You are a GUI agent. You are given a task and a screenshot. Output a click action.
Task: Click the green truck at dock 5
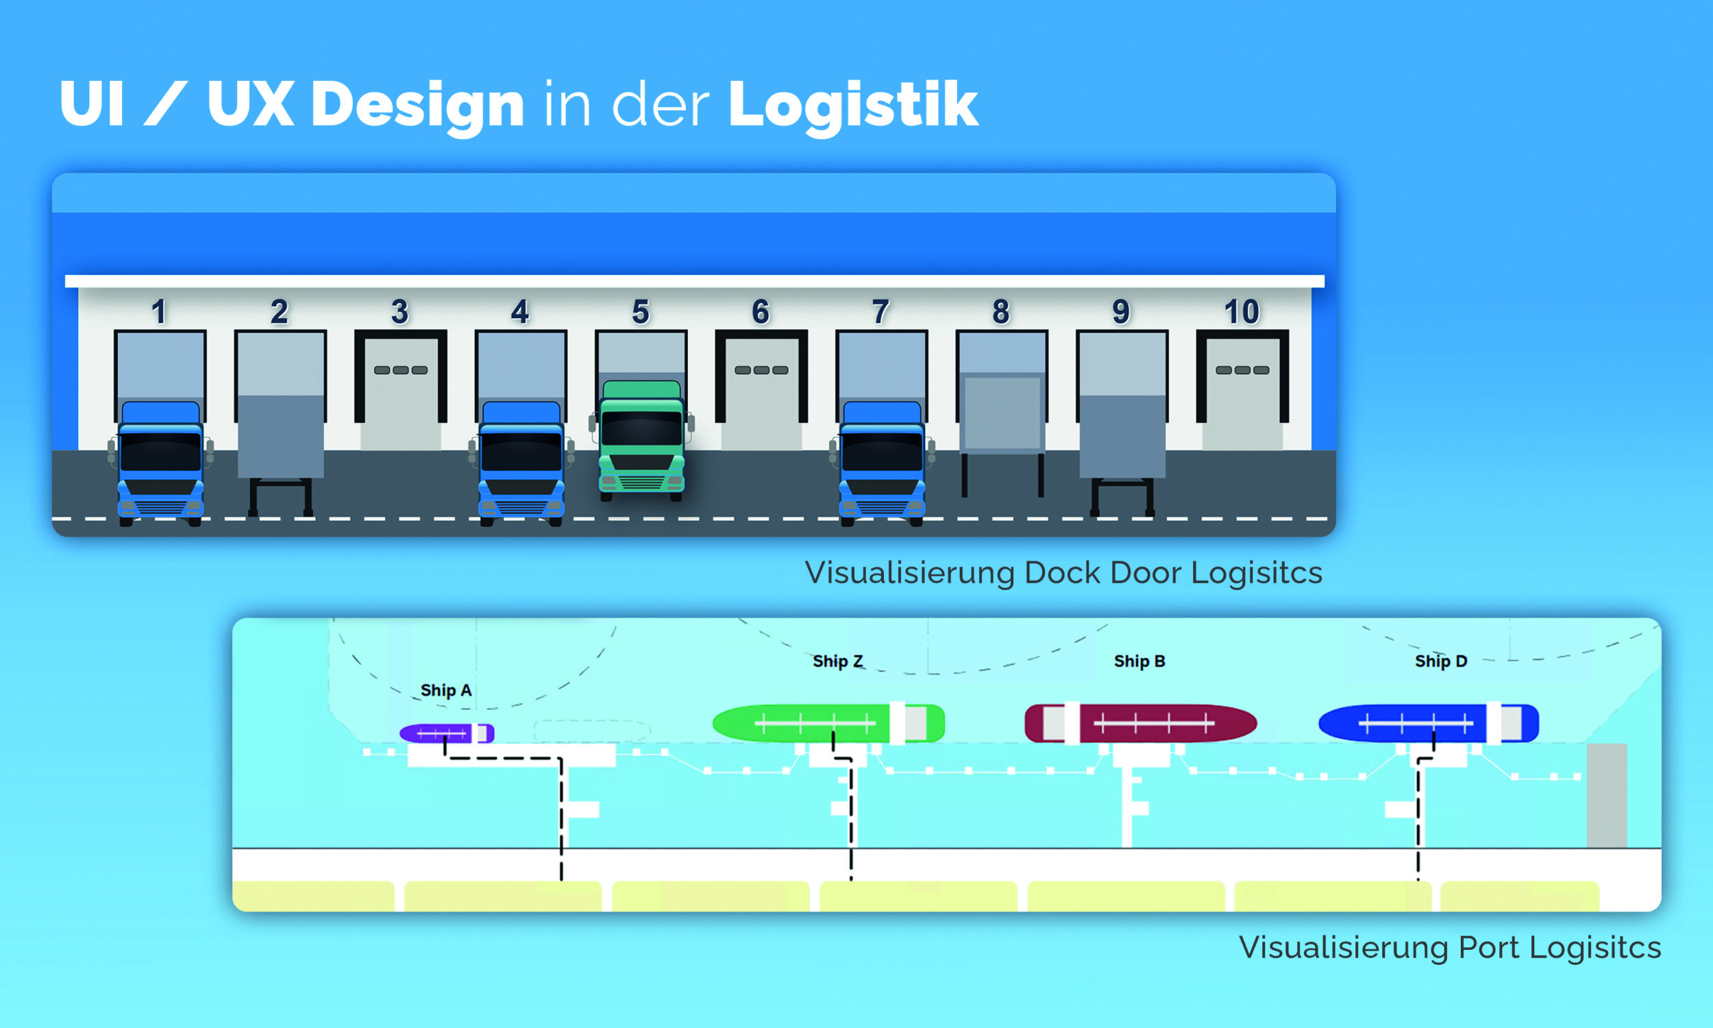click(641, 441)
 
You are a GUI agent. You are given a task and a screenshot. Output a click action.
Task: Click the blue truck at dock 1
click(160, 463)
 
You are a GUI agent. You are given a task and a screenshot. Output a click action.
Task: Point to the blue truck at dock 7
click(881, 463)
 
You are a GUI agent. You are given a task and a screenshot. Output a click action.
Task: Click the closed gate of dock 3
click(400, 393)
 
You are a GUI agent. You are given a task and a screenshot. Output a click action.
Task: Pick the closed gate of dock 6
click(761, 393)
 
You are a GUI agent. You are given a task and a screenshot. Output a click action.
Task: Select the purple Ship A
click(447, 733)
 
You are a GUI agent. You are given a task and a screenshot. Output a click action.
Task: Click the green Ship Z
click(828, 723)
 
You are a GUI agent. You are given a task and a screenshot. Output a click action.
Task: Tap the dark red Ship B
click(1140, 723)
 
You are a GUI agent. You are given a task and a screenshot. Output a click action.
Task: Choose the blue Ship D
click(1428, 723)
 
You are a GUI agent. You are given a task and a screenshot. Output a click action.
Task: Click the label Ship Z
click(838, 661)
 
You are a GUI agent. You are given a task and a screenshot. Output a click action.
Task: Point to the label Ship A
click(446, 690)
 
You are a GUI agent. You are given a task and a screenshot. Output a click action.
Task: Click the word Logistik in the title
click(852, 104)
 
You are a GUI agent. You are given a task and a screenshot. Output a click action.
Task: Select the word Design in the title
click(417, 104)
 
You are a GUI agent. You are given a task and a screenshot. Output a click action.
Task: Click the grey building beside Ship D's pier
click(1606, 795)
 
